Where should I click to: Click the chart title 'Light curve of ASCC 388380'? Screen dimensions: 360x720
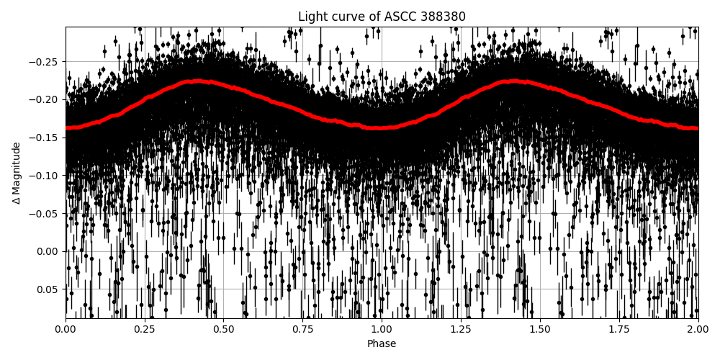pos(382,17)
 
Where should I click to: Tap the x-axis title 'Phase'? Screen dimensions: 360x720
pos(382,344)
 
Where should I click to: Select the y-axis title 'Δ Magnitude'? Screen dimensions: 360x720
pos(16,173)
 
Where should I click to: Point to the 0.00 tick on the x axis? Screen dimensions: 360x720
pos(66,330)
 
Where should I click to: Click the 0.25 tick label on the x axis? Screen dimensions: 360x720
pos(145,330)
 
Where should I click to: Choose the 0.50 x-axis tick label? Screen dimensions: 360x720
pos(224,330)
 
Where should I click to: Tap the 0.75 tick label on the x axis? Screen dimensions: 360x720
pos(302,330)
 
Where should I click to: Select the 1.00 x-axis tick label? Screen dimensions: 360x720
pos(382,330)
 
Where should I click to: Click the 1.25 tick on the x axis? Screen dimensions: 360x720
pos(461,330)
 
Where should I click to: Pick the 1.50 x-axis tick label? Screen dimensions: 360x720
pos(540,330)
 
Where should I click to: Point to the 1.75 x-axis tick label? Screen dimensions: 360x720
pos(619,330)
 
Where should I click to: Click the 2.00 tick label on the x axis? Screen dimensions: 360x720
pos(698,330)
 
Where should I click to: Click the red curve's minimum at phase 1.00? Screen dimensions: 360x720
pos(382,128)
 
